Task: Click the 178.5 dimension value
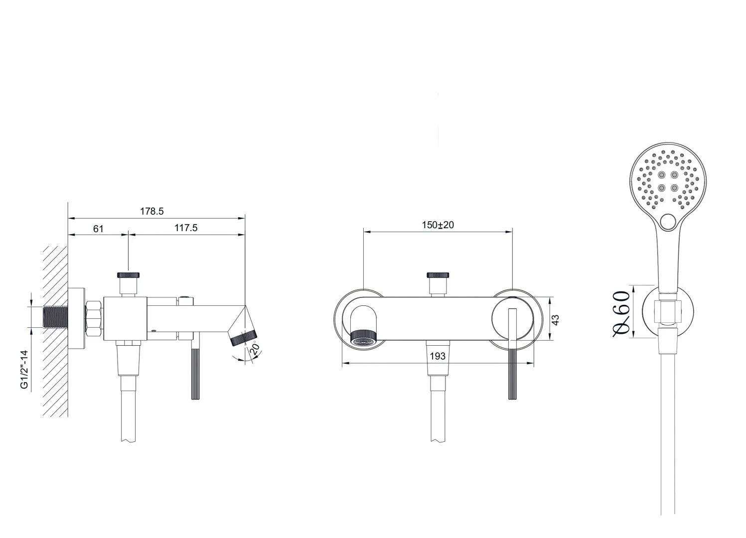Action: click(152, 211)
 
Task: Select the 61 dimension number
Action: click(98, 229)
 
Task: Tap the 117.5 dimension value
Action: click(186, 228)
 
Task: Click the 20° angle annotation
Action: click(255, 348)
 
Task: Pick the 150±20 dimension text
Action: click(438, 225)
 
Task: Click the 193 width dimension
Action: click(438, 356)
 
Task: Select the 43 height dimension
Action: click(556, 320)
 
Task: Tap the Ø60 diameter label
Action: click(621, 313)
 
